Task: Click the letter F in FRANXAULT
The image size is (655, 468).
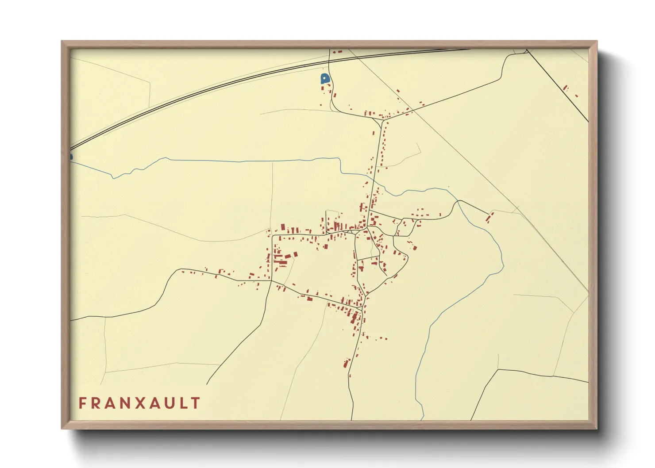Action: [82, 403]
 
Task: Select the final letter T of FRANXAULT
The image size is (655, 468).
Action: [196, 403]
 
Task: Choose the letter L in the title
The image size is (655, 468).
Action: [182, 403]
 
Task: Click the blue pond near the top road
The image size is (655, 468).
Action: [325, 79]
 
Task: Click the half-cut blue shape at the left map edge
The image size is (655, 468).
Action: [71, 157]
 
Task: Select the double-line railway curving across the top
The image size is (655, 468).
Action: [221, 87]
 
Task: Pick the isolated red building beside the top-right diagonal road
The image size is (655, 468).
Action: [565, 88]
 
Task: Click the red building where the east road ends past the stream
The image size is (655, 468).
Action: [489, 218]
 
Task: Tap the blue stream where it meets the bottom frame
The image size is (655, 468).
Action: [423, 418]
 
